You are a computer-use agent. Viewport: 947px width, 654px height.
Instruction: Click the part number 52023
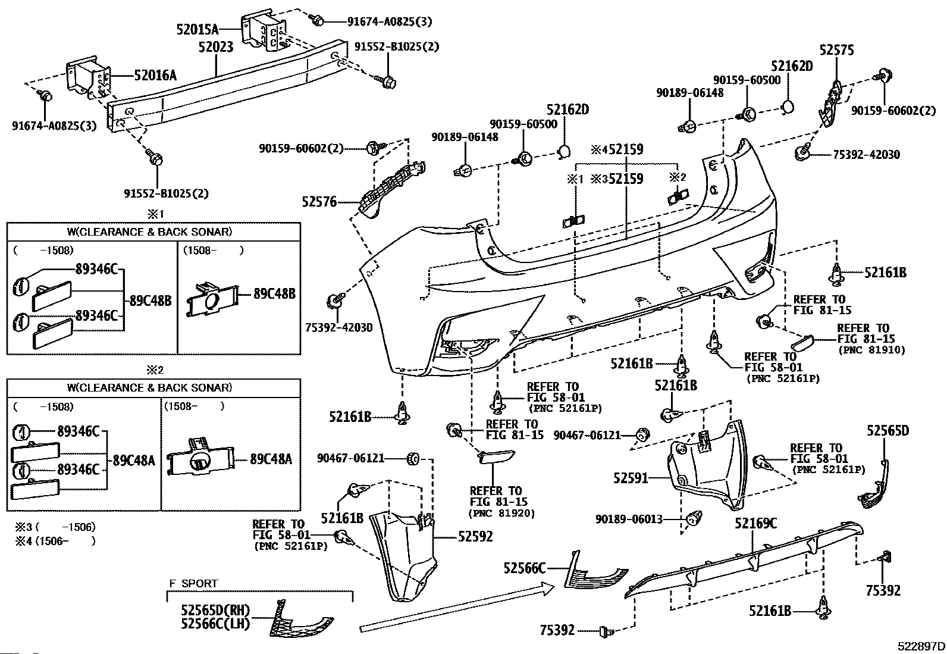pyautogui.click(x=216, y=46)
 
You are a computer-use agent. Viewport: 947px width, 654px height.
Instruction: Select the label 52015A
pyautogui.click(x=197, y=29)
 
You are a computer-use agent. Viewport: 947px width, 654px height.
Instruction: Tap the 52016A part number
pyautogui.click(x=155, y=76)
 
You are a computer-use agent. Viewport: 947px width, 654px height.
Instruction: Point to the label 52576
pyautogui.click(x=319, y=202)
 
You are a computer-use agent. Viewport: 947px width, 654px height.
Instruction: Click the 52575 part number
pyautogui.click(x=837, y=50)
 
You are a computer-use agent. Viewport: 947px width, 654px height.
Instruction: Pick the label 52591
pyautogui.click(x=631, y=478)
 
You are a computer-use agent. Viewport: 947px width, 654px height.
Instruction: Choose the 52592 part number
pyautogui.click(x=476, y=536)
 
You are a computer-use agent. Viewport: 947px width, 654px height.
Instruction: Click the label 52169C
pyautogui.click(x=755, y=524)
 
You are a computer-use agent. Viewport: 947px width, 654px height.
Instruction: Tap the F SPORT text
pyautogui.click(x=194, y=583)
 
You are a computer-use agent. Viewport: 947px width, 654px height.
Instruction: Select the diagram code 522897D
pyautogui.click(x=921, y=646)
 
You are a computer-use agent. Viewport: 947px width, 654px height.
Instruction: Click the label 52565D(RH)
pyautogui.click(x=215, y=610)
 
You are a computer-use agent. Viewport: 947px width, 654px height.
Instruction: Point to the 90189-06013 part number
pyautogui.click(x=629, y=519)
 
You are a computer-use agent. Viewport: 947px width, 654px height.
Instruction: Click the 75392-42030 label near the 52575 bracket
pyautogui.click(x=867, y=155)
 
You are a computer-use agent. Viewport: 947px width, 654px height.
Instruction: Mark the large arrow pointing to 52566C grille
pyautogui.click(x=457, y=607)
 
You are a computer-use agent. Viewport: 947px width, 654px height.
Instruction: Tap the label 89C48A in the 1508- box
pyautogui.click(x=271, y=459)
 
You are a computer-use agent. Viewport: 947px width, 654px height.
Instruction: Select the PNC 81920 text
pyautogui.click(x=502, y=513)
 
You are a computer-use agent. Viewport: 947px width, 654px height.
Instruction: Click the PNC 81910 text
pyautogui.click(x=871, y=351)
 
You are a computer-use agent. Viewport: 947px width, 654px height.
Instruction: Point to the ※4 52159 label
pyautogui.click(x=617, y=149)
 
